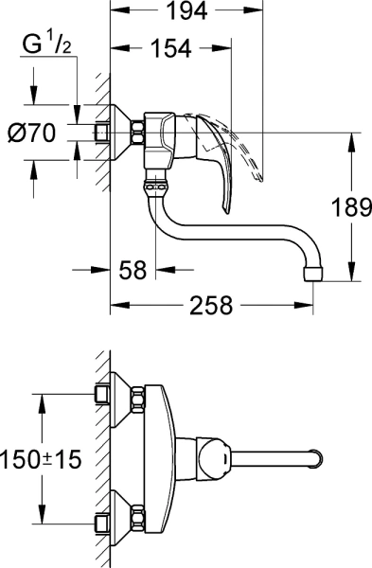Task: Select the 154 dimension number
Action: point(171,48)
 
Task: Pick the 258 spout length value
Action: point(210,306)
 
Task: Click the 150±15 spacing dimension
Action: point(41,460)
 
